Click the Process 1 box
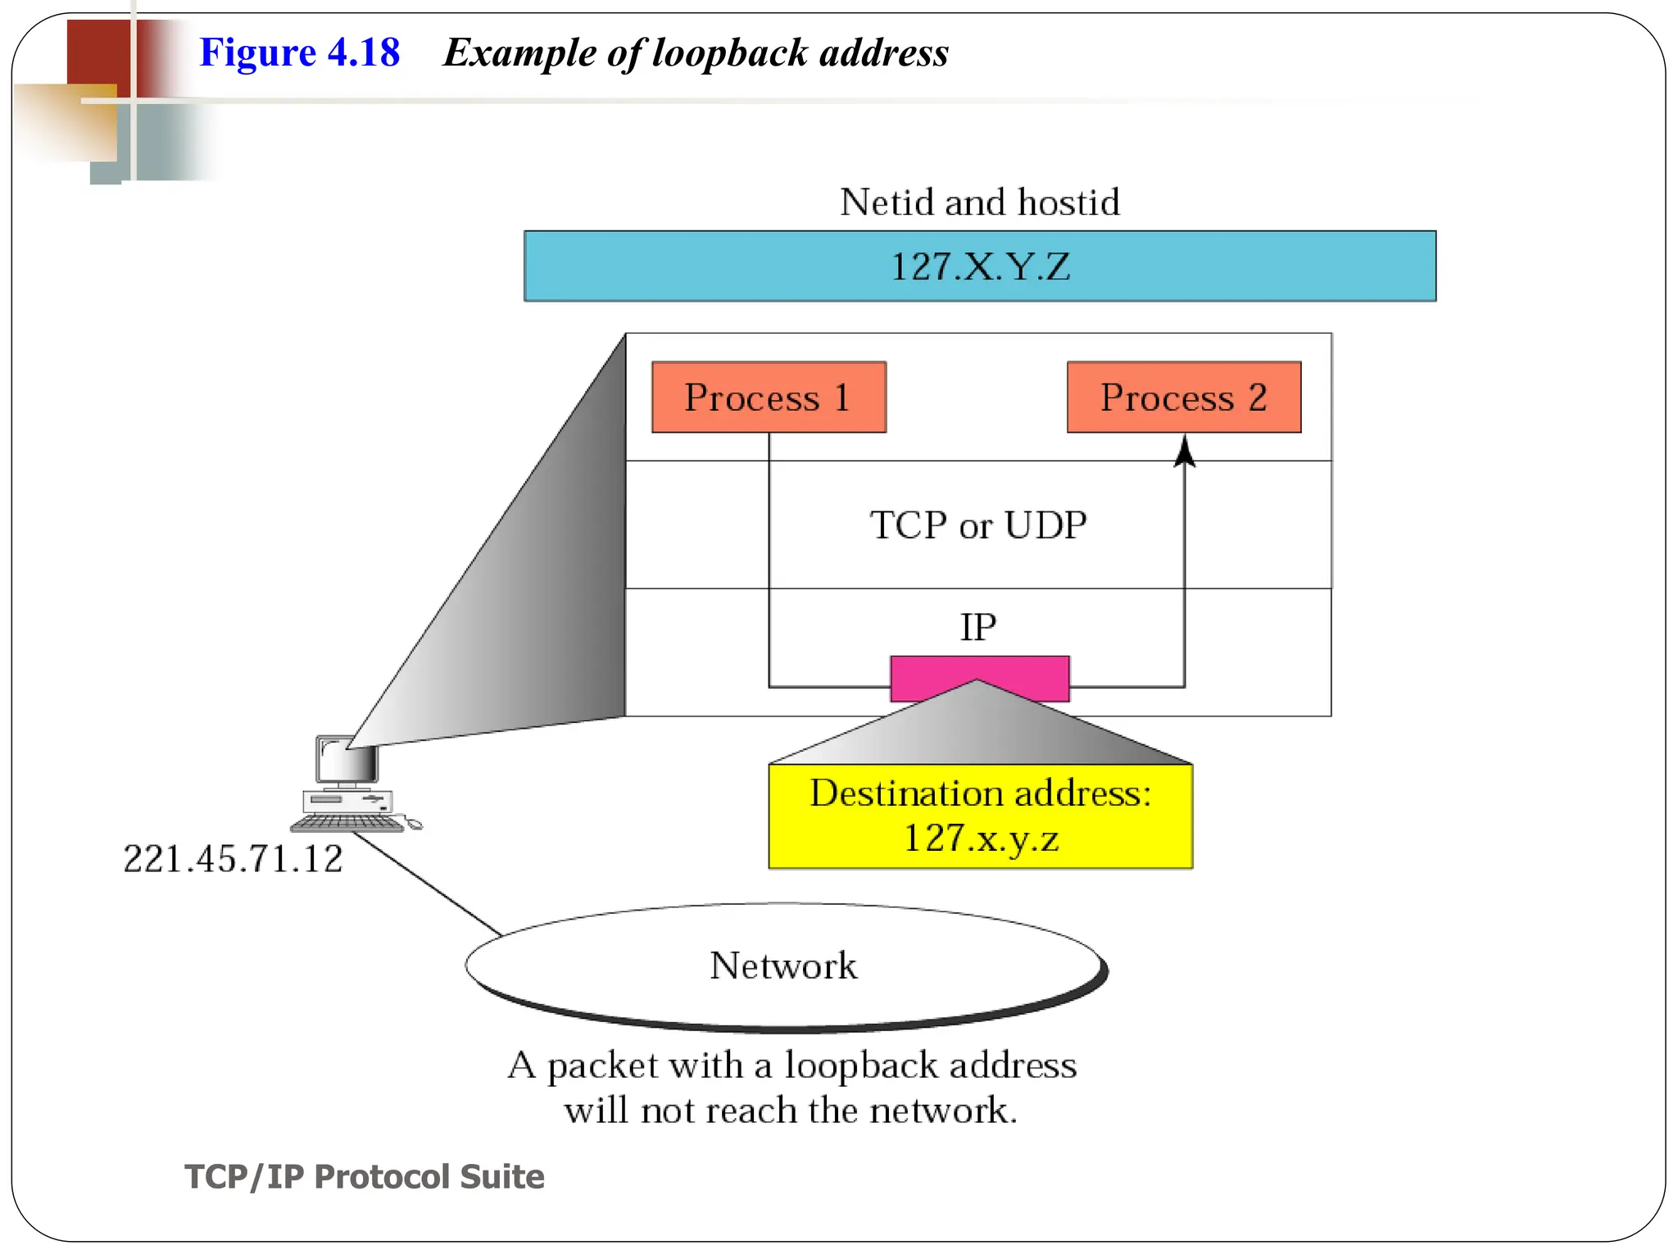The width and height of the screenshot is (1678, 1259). click(x=769, y=397)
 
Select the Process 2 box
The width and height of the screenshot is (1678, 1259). click(x=1183, y=397)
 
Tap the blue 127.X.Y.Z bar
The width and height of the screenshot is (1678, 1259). click(x=979, y=266)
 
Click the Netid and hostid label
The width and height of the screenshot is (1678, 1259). click(x=979, y=202)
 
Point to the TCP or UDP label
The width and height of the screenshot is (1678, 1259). click(x=977, y=525)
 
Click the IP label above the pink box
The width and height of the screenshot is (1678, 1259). click(x=977, y=628)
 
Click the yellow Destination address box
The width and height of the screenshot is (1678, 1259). click(x=980, y=816)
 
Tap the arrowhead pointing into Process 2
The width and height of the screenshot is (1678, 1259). click(x=1184, y=452)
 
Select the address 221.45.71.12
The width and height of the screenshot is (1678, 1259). click(x=233, y=859)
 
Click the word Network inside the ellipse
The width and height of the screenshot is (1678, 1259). click(x=783, y=966)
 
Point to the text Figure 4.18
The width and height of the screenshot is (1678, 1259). click(x=299, y=52)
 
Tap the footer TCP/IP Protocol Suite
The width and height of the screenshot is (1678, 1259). click(x=364, y=1176)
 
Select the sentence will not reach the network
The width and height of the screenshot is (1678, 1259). click(x=790, y=1111)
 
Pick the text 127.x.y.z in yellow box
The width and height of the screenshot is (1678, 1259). click(x=980, y=838)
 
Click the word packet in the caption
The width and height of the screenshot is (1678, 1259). click(x=602, y=1066)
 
